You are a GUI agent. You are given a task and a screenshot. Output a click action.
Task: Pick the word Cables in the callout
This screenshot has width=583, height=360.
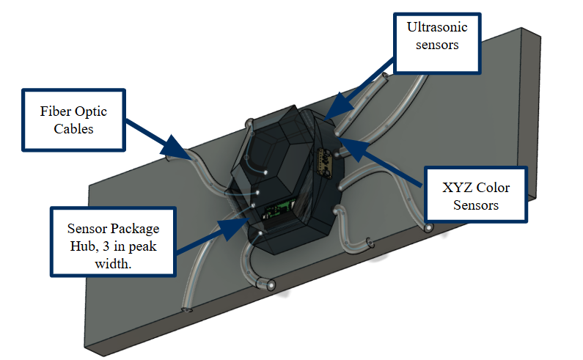coord(73,130)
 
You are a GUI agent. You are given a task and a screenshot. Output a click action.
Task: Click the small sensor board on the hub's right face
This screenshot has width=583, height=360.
coord(323,162)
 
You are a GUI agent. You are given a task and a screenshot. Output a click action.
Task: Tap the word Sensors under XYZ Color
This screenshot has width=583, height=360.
coord(475,205)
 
